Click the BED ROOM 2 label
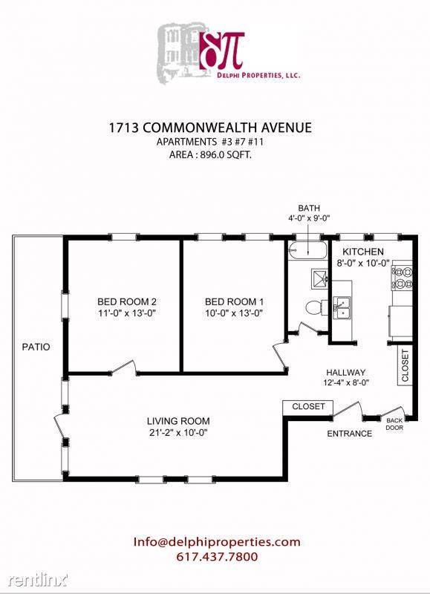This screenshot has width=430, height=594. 126,302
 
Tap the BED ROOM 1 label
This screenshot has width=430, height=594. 234,302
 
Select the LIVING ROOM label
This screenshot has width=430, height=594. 177,420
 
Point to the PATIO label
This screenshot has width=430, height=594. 36,346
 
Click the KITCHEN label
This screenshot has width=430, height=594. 363,252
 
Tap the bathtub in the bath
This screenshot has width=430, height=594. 307,251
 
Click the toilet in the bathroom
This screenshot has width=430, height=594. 313,306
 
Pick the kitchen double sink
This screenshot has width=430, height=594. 343,306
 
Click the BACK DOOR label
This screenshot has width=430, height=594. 393,425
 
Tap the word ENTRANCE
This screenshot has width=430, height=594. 350,434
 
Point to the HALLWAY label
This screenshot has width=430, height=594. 346,373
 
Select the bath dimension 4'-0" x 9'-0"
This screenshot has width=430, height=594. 308,219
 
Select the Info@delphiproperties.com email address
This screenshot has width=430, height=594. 217,541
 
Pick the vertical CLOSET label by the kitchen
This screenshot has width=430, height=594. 405,365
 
